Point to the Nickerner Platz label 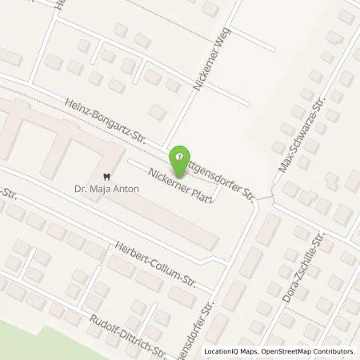coord(181,182)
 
